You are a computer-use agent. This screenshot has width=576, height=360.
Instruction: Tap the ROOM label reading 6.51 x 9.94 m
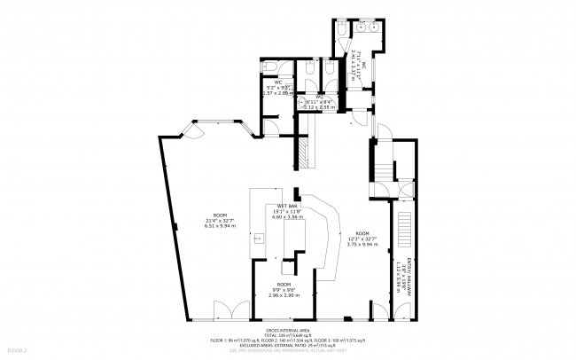(x=214, y=222)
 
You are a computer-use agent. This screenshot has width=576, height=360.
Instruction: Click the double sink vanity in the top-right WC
(x=371, y=27)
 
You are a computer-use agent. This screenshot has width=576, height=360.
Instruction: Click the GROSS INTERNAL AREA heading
(x=288, y=329)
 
